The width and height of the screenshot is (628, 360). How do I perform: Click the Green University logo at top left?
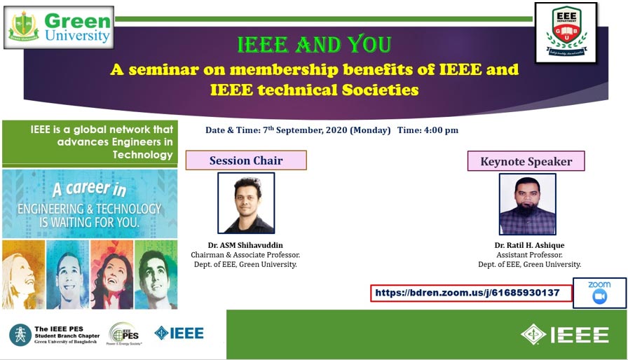coord(59,27)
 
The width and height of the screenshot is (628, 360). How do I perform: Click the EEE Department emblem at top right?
coord(566,32)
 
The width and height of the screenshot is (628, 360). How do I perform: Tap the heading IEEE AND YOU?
coord(314,44)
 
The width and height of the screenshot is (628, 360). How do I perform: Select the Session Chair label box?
coord(246,160)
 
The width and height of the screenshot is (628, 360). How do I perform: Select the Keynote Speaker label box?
coord(526,161)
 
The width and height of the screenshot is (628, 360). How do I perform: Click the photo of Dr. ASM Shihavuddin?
coord(246,203)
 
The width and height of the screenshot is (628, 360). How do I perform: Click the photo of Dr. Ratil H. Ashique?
coord(527,204)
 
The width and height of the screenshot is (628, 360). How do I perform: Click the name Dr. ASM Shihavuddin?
coord(245,246)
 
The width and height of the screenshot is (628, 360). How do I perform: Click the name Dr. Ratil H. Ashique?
coord(529,246)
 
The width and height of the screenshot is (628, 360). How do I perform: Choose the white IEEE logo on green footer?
coord(565,335)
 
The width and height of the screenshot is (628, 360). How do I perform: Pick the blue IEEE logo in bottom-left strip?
coord(179,333)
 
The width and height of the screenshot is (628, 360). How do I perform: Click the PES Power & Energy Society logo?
coord(123,334)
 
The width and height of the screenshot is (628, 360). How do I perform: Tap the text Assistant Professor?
coord(529,255)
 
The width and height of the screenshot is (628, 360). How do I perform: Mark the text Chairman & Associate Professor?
coord(245,255)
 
